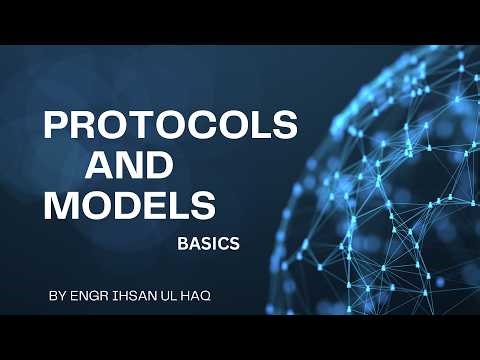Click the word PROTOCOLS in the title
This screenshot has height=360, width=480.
[169, 127]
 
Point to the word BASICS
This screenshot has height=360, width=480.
[208, 243]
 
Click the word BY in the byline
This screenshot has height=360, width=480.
[56, 297]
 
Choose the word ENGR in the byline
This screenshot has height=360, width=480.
[90, 297]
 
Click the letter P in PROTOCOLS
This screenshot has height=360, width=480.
[55, 127]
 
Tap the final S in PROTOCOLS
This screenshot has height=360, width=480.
[284, 127]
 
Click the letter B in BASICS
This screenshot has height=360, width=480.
[183, 243]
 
